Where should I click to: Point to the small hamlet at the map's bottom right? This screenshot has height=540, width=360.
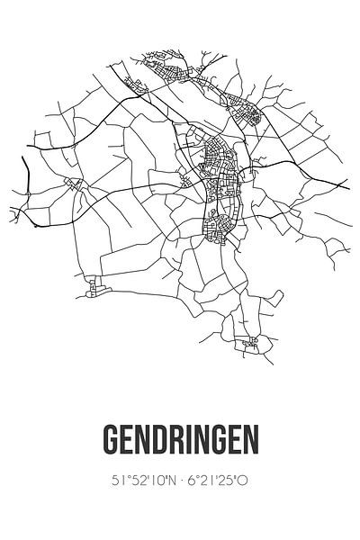[x=249, y=342]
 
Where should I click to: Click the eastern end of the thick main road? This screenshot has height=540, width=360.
[x=346, y=184]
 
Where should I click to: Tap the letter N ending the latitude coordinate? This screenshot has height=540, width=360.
[x=168, y=480]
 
